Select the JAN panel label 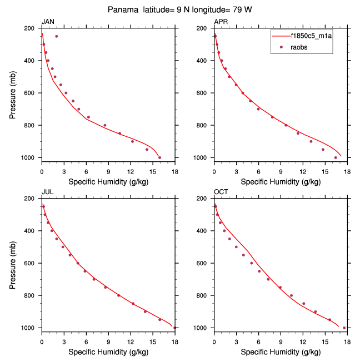(48, 22)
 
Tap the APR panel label (221, 22)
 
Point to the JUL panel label (48, 192)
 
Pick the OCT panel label (221, 192)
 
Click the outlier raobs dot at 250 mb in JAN (56, 36)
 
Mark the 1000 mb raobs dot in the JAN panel (160, 157)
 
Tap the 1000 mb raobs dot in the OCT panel (344, 328)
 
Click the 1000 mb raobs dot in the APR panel (336, 157)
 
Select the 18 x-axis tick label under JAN (175, 171)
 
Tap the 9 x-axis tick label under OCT (281, 341)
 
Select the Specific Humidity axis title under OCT (281, 352)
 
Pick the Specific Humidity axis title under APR (281, 181)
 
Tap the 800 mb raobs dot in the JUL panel (118, 295)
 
